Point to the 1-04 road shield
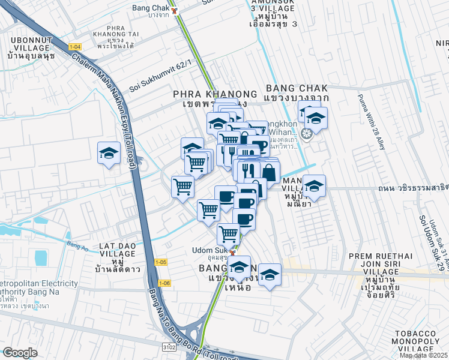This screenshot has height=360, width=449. (x=74, y=47)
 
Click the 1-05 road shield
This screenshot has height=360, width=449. (x=161, y=262)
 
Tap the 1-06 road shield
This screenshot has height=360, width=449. (x=166, y=283)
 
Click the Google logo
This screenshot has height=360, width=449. (x=20, y=353)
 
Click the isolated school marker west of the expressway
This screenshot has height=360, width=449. (x=109, y=153)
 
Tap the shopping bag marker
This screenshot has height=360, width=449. (x=270, y=173)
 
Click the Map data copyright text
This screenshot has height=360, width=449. (x=424, y=355)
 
